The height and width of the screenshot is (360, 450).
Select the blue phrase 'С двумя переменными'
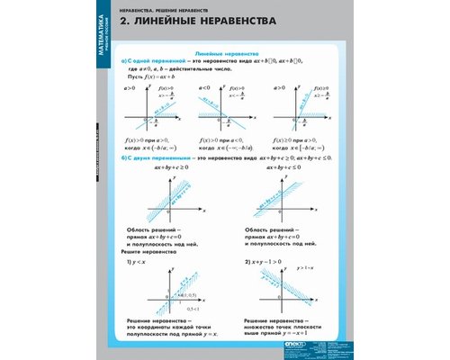pos(155,157)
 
